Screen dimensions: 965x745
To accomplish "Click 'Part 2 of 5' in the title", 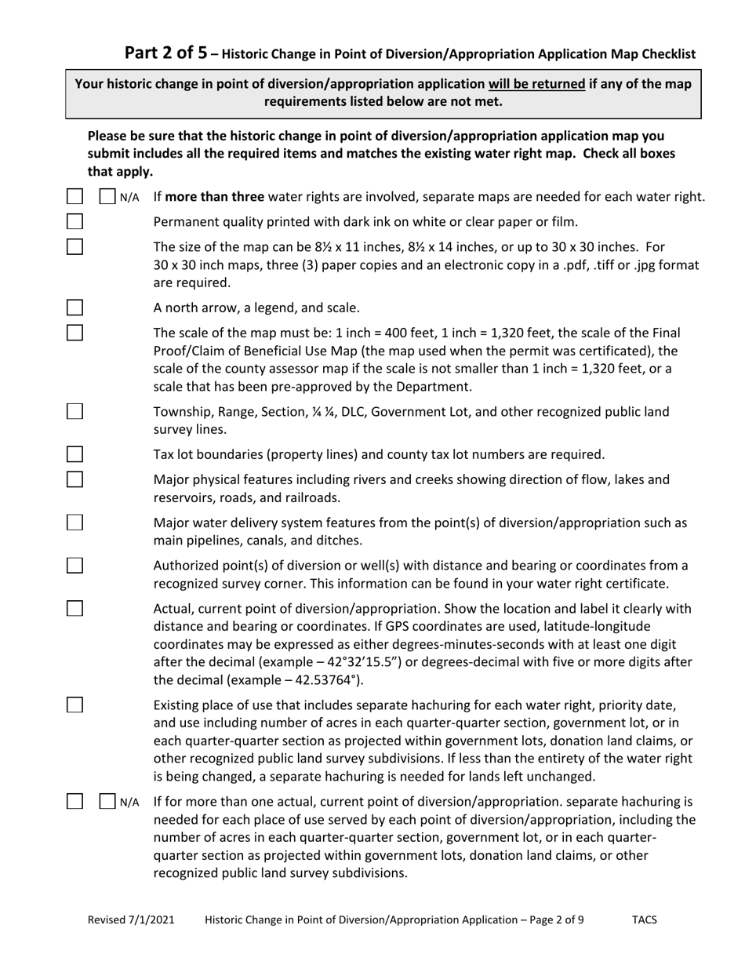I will [x=166, y=53].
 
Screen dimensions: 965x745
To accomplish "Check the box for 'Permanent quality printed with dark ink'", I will [x=74, y=220].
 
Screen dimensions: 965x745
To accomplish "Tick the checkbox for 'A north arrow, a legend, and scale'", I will [x=74, y=307].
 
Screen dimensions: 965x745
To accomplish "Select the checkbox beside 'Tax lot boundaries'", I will [x=74, y=453].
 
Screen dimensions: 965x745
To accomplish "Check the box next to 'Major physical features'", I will [x=74, y=479].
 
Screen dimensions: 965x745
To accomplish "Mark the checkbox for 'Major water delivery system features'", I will [x=74, y=523].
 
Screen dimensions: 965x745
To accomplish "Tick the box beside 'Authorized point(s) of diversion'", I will [x=74, y=566].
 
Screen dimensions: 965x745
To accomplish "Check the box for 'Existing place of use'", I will [x=74, y=704].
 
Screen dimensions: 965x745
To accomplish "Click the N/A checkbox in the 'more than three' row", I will [x=107, y=196].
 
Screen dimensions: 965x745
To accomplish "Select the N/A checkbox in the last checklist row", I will [x=107, y=801].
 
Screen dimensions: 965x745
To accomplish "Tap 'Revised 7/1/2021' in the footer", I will [x=131, y=919].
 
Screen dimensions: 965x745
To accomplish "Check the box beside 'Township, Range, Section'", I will [x=74, y=411].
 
